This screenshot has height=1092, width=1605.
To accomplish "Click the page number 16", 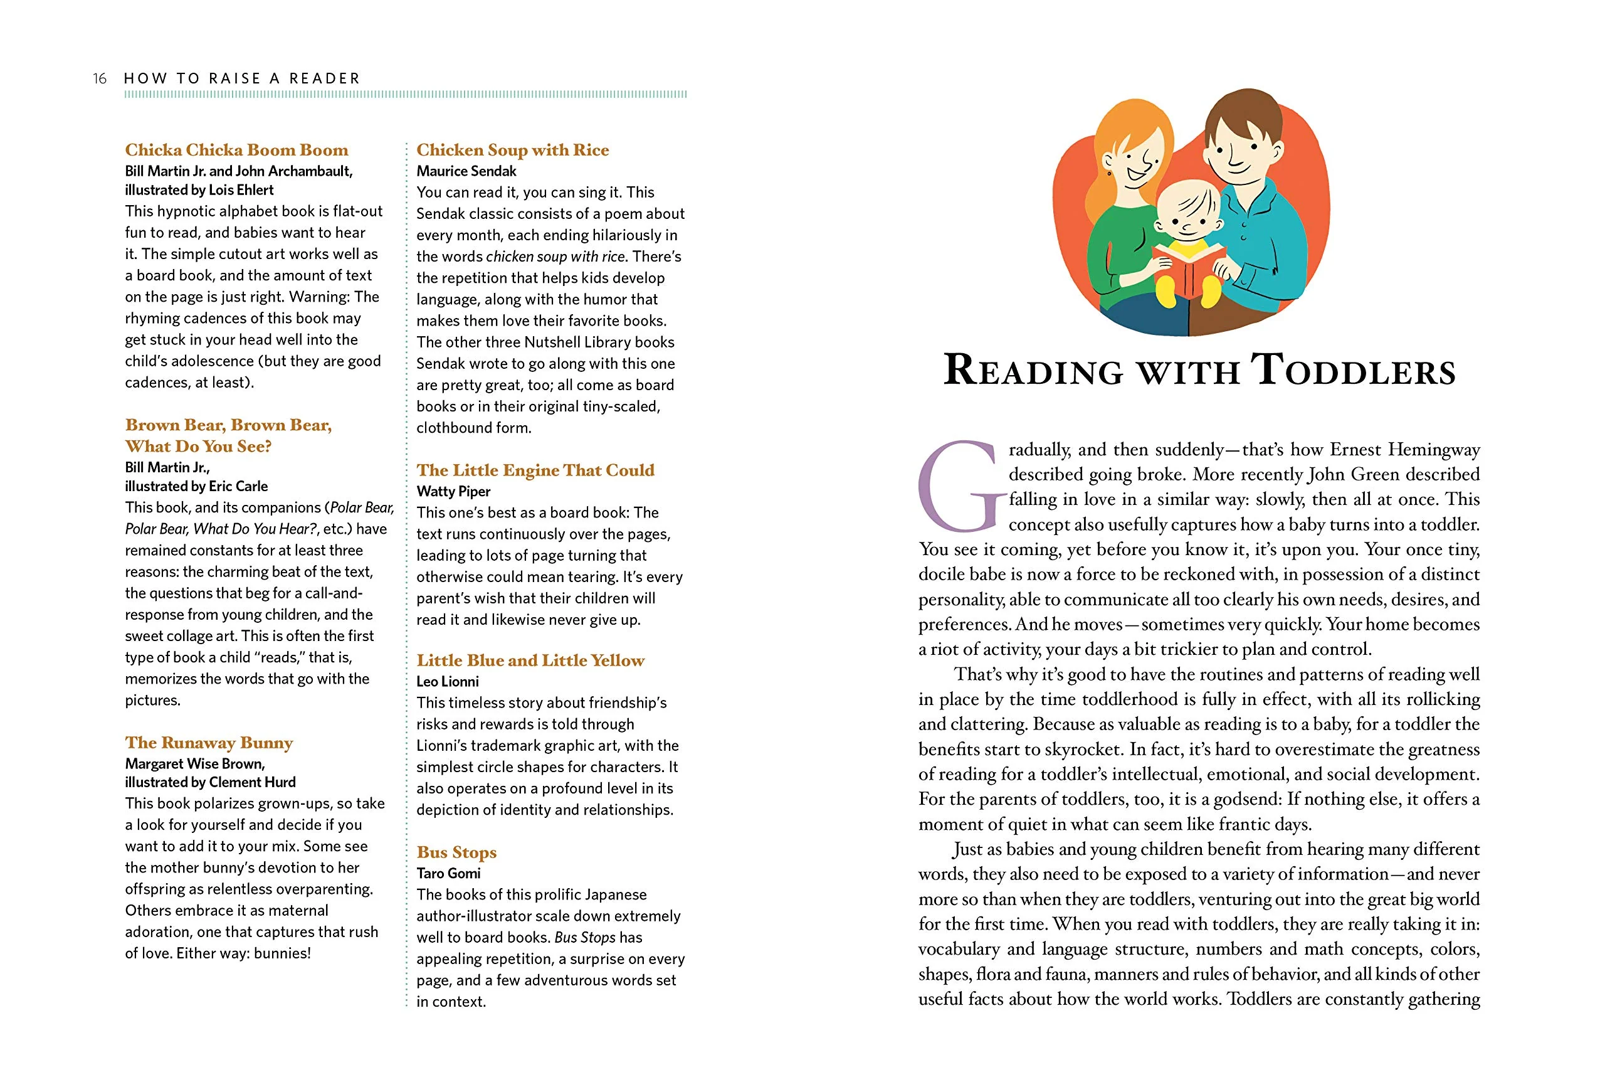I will click(x=100, y=79).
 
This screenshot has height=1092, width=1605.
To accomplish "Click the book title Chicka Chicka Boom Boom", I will click(x=236, y=150).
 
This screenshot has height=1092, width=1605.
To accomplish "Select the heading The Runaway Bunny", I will click(x=209, y=743).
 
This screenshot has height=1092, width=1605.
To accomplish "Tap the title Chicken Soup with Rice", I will click(x=512, y=150).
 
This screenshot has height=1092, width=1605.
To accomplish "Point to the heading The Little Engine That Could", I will click(x=535, y=470).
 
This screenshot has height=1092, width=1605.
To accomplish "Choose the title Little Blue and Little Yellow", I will click(x=530, y=660).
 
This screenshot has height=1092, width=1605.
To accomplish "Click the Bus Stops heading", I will click(x=456, y=852).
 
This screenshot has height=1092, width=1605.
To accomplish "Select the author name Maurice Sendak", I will click(x=466, y=171).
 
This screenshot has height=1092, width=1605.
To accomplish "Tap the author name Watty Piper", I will click(x=453, y=492).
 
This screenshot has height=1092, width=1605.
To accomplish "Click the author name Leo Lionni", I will click(x=448, y=682).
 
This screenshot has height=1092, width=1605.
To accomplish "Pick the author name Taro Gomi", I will click(x=448, y=874).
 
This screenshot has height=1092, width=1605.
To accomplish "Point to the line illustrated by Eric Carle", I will click(x=196, y=486).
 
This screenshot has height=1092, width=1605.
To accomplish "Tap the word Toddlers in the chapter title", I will click(x=1353, y=370).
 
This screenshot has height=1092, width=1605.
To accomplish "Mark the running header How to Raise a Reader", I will click(x=242, y=79).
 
